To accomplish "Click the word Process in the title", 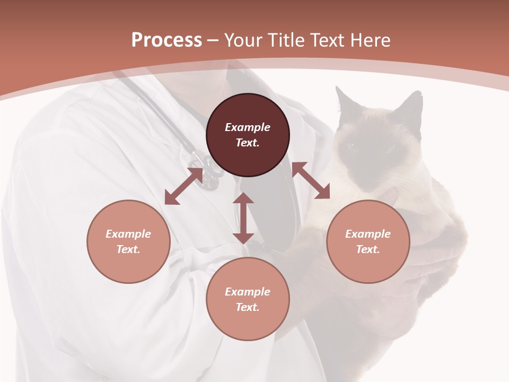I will click(x=166, y=40).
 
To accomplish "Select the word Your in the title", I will click(x=244, y=40).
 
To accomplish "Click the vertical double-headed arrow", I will click(x=243, y=218).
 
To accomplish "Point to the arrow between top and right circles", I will click(x=311, y=181).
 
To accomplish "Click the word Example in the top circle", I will click(x=248, y=127).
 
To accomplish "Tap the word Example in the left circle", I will click(x=128, y=234).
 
